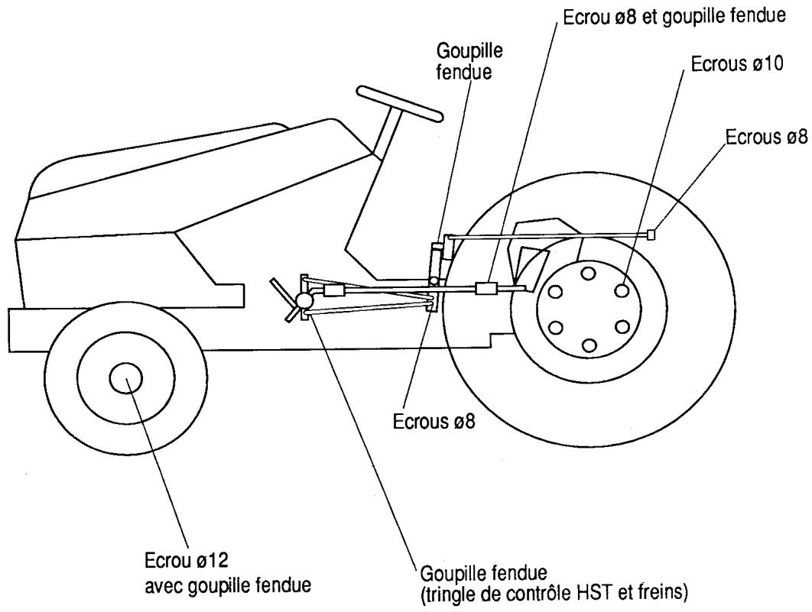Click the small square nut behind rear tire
pyautogui.click(x=651, y=235)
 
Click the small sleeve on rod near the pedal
pyautogui.click(x=334, y=291)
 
